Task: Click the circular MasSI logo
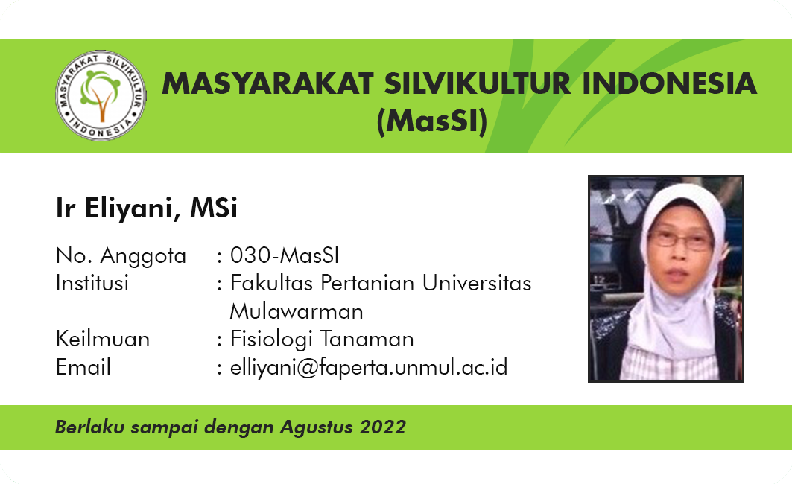tap(101, 95)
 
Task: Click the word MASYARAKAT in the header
tap(267, 84)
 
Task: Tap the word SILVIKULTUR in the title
tap(478, 84)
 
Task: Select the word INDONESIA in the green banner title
tap(670, 84)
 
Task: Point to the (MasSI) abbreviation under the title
tap(432, 121)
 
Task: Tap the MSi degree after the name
tap(214, 208)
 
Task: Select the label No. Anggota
tap(121, 256)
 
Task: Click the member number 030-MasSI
tap(285, 255)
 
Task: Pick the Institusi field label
tap(92, 283)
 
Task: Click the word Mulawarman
tap(297, 311)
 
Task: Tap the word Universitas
tap(477, 283)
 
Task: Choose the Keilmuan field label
tap(103, 339)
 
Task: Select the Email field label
tap(83, 367)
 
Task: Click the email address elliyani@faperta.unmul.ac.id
tap(369, 368)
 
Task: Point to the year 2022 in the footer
tap(382, 427)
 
